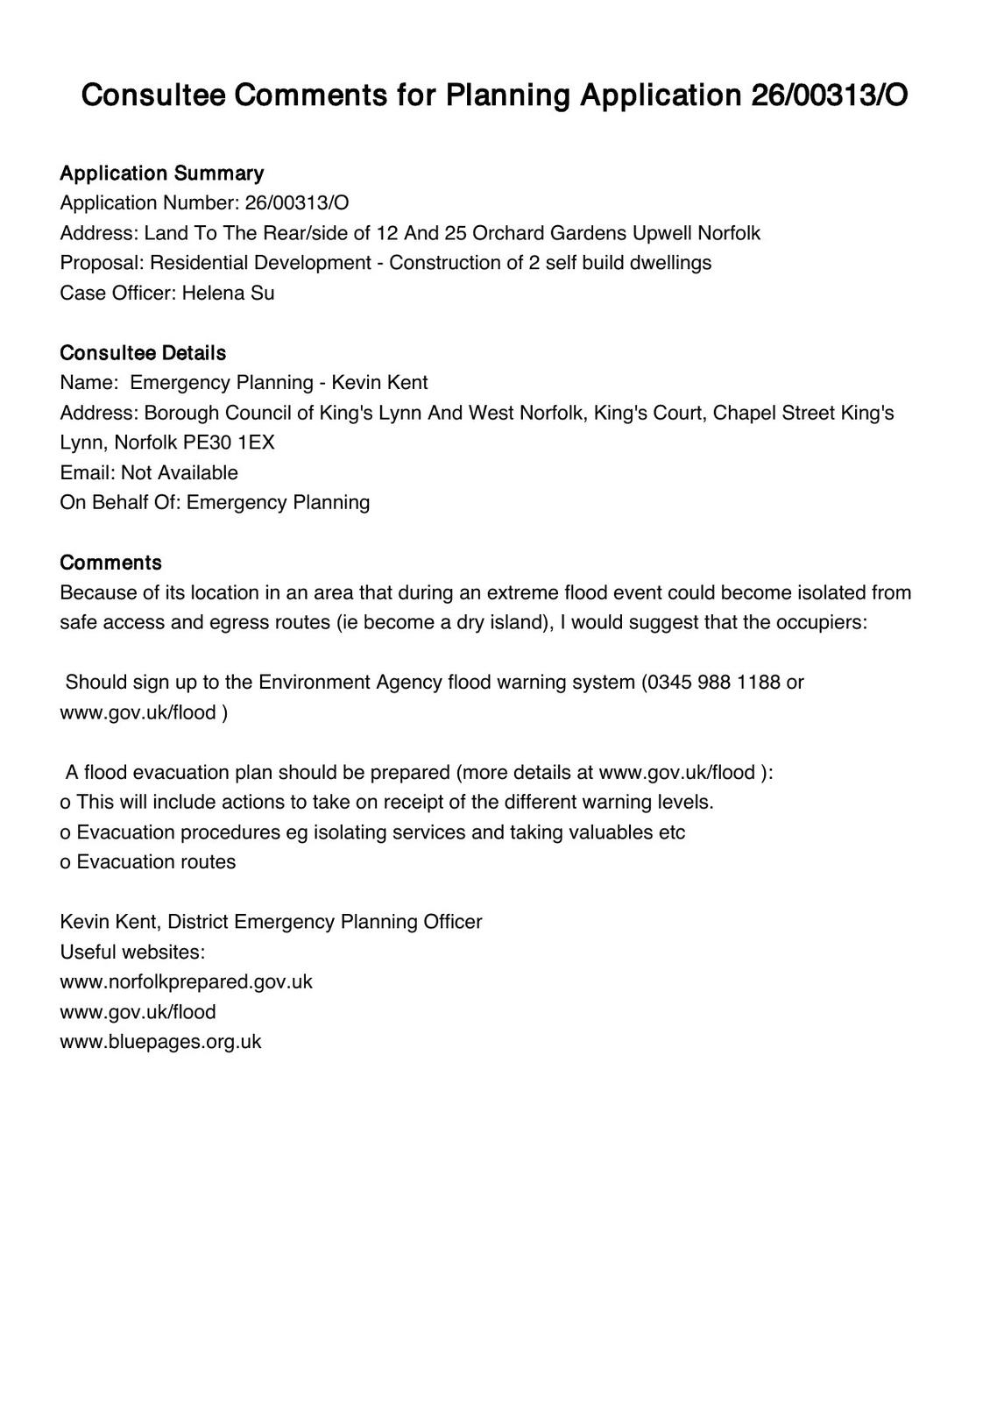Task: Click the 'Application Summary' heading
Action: click(161, 173)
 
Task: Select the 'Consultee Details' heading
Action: click(143, 353)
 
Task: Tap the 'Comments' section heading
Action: click(110, 563)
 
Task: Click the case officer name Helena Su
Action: click(228, 293)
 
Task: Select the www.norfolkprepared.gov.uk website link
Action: click(186, 981)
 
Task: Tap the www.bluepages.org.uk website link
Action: click(160, 1042)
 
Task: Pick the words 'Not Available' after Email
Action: click(180, 473)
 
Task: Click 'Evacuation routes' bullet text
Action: click(156, 862)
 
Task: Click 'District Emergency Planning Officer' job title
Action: click(325, 922)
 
